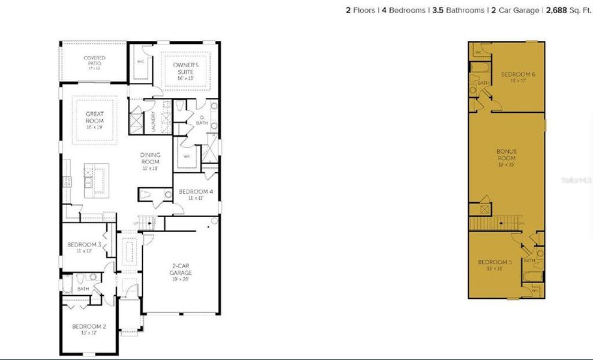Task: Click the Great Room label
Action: point(95,117)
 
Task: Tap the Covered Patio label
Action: point(94,61)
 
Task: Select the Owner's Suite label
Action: point(185,67)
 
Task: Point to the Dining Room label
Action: point(151,158)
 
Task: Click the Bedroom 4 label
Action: point(196,191)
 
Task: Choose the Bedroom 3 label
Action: point(83,245)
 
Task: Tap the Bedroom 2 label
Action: point(88,326)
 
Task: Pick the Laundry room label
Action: point(154,121)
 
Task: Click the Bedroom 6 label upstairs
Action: point(518,74)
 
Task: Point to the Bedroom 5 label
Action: point(495,262)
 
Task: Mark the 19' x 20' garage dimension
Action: point(180,280)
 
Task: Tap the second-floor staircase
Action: point(492,224)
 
